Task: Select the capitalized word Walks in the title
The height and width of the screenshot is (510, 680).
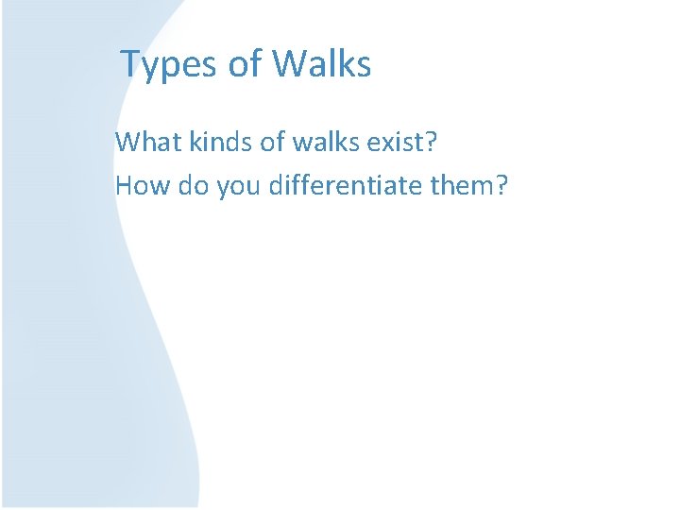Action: coord(322,64)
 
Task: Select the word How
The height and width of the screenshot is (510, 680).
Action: coord(139,185)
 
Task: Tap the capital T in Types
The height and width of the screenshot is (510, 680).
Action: coord(130,64)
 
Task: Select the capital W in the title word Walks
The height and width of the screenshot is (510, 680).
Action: coord(289,64)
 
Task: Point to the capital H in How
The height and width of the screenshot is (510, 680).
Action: coord(124,185)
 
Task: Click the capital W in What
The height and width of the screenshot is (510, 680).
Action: coord(127,143)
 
